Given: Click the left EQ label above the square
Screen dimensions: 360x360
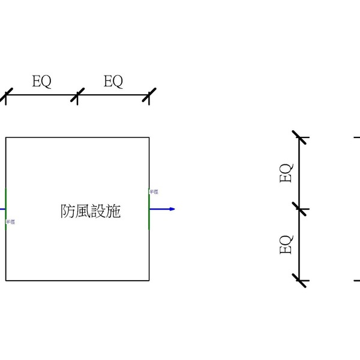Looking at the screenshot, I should coord(41,82).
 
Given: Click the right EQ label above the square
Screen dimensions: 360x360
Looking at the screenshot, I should coord(113,82).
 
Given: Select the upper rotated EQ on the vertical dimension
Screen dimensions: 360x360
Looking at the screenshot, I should coord(287,173).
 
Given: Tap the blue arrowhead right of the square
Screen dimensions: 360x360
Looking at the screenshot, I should coord(172,209).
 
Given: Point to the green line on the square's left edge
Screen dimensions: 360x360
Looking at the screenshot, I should coord(6,207).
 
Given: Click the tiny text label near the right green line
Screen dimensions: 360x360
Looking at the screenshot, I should coord(154,191).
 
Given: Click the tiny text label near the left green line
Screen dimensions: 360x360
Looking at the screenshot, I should coord(11,222).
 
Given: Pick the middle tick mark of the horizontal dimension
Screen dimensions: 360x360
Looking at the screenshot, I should coord(77,95).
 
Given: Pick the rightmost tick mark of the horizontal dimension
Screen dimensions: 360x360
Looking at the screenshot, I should coord(149,95).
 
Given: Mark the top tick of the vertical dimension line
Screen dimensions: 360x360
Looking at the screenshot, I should coord(299,137).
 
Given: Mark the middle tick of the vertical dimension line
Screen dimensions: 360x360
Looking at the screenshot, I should coord(299,209).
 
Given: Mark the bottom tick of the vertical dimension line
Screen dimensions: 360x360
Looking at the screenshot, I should coord(299,280).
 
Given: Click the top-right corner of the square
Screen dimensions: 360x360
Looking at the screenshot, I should coord(149,137).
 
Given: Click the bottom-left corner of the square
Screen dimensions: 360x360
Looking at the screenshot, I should coord(6,280).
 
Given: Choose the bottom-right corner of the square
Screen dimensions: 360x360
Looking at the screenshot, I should coord(149,280).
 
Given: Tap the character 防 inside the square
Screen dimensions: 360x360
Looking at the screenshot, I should coord(68,211).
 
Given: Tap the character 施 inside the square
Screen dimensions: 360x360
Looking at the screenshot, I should coord(113,211).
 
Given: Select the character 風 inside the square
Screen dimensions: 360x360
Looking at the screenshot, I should coord(83,211).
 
